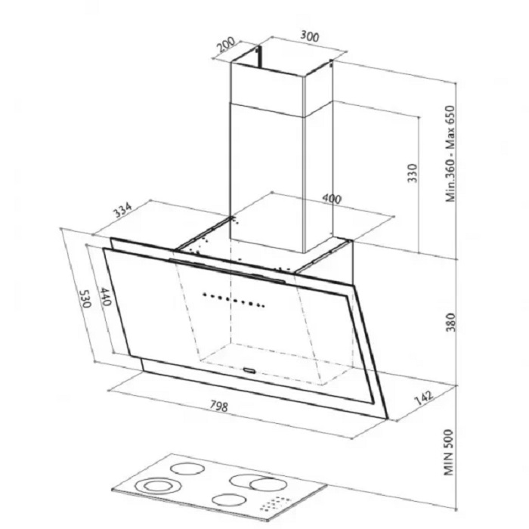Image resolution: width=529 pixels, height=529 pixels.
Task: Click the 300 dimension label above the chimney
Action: [309, 36]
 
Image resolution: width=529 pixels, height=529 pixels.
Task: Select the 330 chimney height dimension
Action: [413, 173]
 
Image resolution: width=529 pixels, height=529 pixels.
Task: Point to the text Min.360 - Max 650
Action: [450, 154]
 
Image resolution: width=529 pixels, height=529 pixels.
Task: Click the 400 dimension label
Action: [332, 199]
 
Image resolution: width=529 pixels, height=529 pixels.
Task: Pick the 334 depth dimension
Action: [122, 211]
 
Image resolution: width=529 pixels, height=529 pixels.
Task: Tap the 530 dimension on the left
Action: [85, 299]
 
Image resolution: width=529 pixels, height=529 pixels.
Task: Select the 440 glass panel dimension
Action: [105, 296]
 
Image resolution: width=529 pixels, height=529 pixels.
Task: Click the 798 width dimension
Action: [219, 406]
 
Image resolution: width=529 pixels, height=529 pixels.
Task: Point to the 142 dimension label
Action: [423, 398]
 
